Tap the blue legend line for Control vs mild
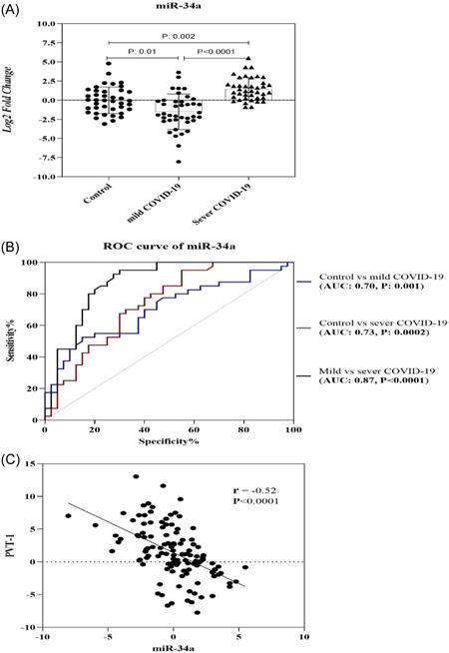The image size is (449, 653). [x=303, y=281]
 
